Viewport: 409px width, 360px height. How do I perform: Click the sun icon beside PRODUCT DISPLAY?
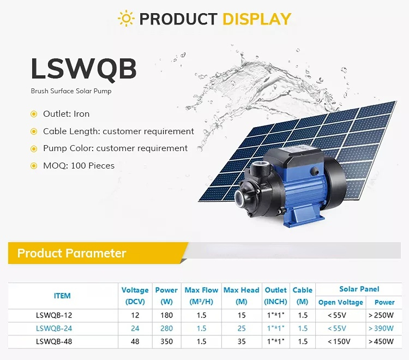click(126, 18)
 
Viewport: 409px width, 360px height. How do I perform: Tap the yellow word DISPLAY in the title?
click(257, 19)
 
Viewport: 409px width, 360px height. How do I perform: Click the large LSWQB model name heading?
click(84, 69)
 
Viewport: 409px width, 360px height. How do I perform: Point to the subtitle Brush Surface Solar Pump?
click(71, 91)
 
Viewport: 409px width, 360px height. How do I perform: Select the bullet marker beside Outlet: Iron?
click(34, 114)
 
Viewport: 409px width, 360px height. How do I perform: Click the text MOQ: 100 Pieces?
click(79, 166)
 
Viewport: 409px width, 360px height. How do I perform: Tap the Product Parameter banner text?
click(72, 253)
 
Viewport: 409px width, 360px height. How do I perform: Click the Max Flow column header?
click(201, 296)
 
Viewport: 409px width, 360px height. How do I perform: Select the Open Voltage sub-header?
click(341, 302)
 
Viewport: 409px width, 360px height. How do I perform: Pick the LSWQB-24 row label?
click(54, 328)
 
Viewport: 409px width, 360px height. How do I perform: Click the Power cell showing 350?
click(166, 341)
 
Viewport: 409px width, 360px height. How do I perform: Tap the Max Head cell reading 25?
click(242, 328)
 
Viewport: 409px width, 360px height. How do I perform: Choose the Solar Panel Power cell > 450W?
click(381, 341)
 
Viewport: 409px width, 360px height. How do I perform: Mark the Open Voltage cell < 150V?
click(339, 341)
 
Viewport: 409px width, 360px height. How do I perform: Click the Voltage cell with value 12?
click(135, 315)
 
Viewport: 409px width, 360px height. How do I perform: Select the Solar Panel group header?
click(359, 289)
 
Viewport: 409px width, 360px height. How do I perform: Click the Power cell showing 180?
click(166, 315)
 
